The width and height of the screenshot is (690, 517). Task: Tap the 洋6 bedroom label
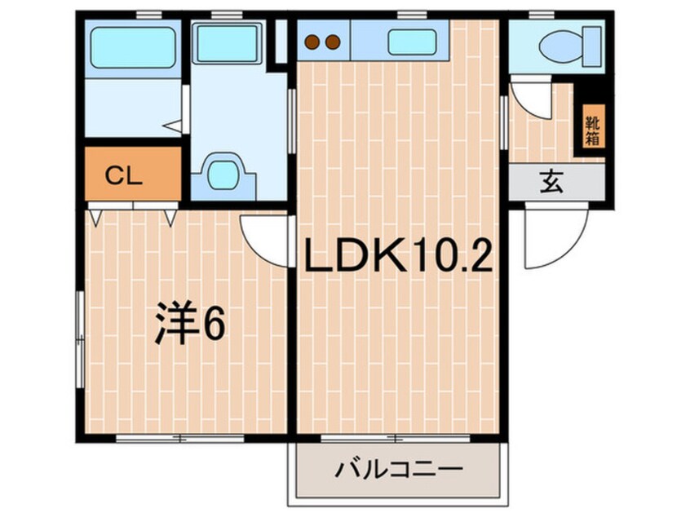190,325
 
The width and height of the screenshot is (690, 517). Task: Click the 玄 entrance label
551,183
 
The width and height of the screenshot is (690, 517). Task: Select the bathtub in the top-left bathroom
132,47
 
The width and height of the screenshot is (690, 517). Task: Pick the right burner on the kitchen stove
332,41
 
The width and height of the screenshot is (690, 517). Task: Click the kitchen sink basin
413,42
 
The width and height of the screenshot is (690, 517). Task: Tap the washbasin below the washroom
222,173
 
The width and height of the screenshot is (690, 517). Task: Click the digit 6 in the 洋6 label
214,325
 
